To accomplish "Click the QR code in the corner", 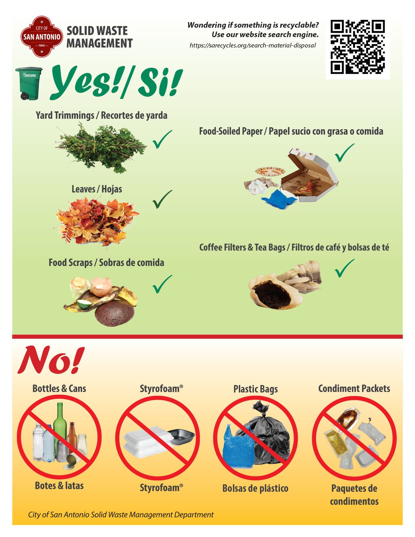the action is [x=357, y=47].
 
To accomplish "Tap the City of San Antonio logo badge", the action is [x=42, y=36].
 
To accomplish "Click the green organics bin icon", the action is [x=28, y=83].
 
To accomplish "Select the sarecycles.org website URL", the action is [x=253, y=46].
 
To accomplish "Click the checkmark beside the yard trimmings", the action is [x=162, y=139].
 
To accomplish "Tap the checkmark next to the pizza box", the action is [x=345, y=153].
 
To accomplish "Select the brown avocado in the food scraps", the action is [x=114, y=313].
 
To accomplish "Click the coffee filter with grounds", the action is [x=274, y=291].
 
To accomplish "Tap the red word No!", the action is [x=51, y=361].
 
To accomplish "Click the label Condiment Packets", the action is [x=354, y=389].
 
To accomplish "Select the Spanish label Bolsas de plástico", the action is [x=255, y=489].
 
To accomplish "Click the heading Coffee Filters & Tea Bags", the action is [x=242, y=247].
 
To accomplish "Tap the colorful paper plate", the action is [x=270, y=171].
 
